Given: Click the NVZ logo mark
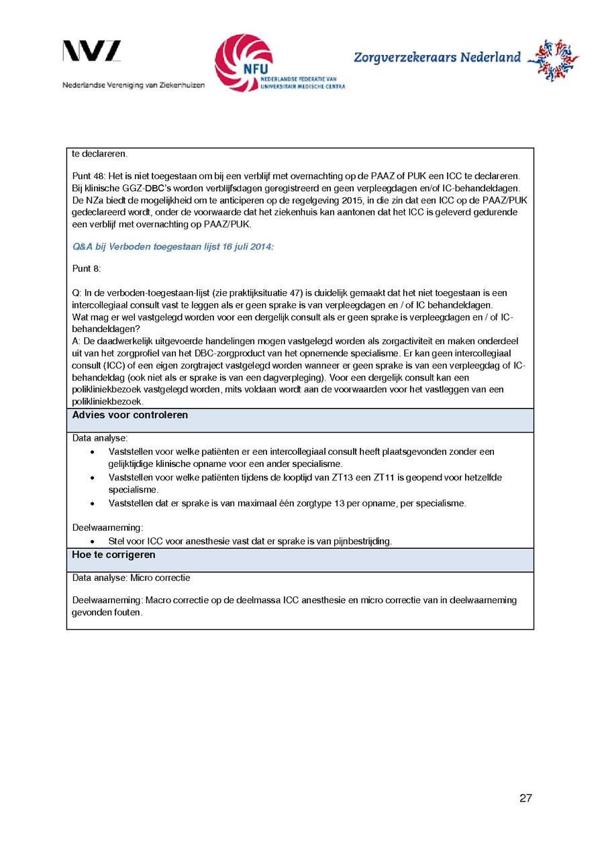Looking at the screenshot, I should (92, 51).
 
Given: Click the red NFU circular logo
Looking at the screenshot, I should (243, 62).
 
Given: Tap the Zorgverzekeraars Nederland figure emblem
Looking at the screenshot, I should (553, 59).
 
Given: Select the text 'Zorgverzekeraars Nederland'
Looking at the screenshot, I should (437, 58).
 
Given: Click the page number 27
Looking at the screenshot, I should (525, 798).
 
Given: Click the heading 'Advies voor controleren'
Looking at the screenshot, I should (130, 415).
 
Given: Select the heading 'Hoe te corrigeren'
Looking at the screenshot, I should (114, 555).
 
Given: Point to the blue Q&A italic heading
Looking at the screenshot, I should (173, 247).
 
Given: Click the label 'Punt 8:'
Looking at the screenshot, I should (87, 268).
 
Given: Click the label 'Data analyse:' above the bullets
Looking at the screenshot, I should (100, 438).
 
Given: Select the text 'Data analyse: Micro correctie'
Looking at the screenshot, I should (132, 578).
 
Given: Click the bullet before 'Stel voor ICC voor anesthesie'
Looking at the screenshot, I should (93, 541).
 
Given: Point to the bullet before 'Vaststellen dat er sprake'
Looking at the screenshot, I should (93, 503).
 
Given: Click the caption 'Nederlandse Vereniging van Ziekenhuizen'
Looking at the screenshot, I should (134, 85).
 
